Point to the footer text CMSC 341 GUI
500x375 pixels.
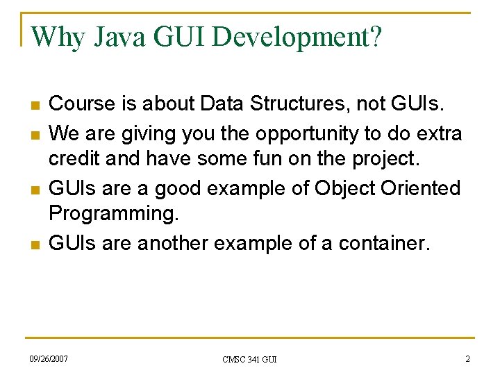tap(249, 359)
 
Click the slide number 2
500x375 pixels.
tap(467, 358)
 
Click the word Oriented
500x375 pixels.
tap(425, 187)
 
